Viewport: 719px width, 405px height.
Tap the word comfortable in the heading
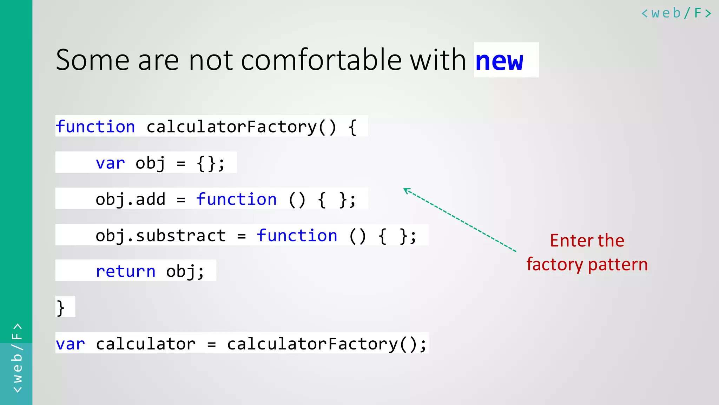click(321, 60)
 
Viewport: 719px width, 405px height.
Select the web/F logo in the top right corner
click(676, 13)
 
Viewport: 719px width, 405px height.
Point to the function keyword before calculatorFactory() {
click(95, 127)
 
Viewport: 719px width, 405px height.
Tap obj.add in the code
click(130, 200)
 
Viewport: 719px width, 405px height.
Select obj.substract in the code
click(160, 236)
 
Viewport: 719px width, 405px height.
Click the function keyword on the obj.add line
click(236, 200)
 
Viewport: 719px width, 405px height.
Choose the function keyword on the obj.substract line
click(297, 236)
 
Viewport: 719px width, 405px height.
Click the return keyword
click(125, 271)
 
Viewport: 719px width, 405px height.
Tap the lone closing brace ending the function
click(60, 308)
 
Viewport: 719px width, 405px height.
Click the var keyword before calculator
click(70, 344)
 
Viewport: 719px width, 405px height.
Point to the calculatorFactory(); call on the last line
click(326, 344)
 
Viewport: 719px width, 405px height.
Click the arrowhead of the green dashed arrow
click(406, 190)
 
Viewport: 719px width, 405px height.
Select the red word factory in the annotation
click(555, 265)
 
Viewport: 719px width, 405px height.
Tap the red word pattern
click(618, 265)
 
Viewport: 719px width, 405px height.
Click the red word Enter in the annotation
click(572, 241)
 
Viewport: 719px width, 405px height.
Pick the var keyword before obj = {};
click(110, 163)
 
